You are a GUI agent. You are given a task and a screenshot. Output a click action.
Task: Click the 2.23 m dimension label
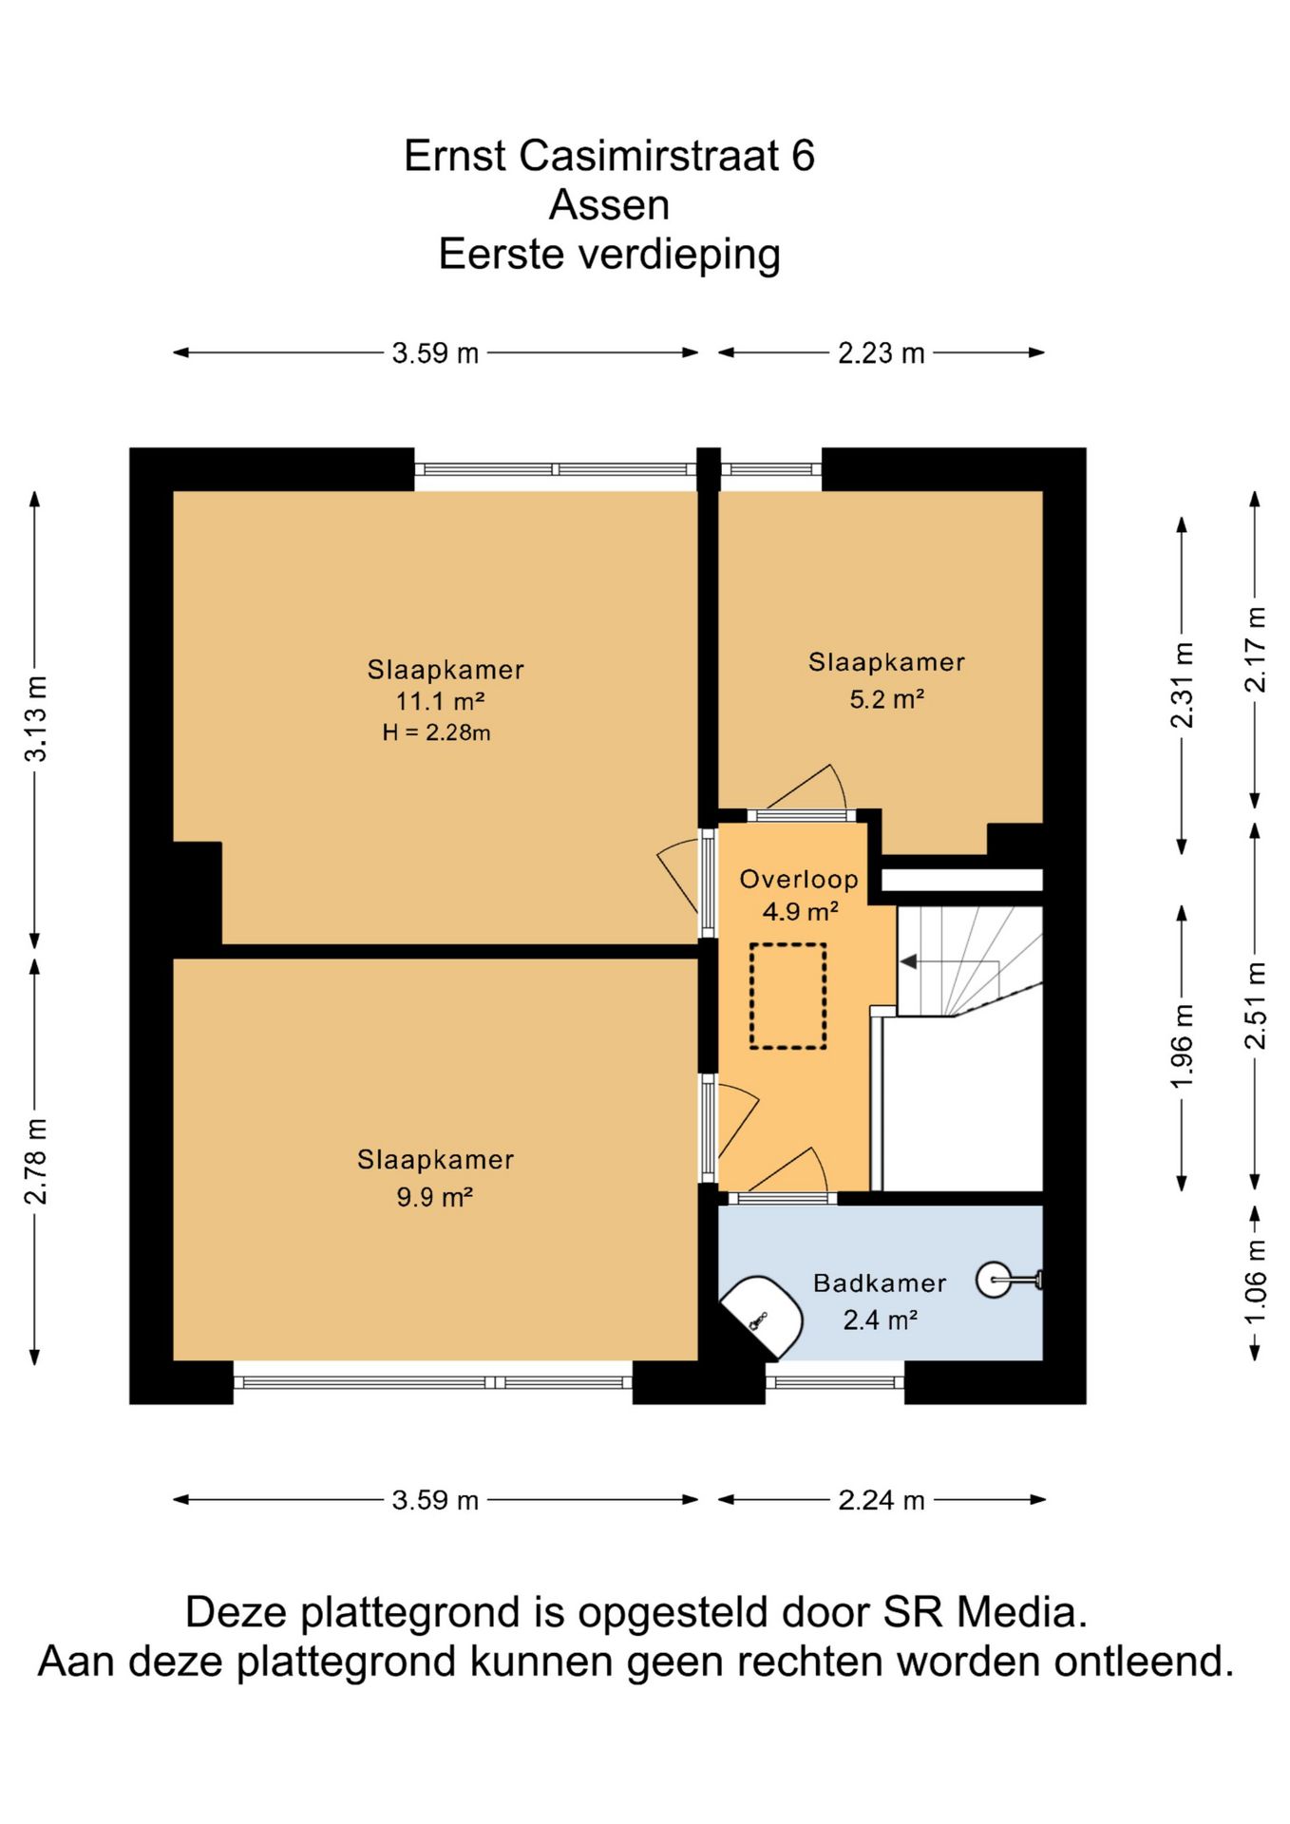[881, 353]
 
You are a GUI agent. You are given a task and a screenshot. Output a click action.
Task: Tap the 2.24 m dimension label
[881, 1500]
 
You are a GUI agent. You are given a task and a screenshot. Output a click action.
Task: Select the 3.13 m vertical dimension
[36, 719]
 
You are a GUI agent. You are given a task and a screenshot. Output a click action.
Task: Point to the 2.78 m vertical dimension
[36, 1161]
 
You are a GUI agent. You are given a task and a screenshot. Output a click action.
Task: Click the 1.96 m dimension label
[1182, 1047]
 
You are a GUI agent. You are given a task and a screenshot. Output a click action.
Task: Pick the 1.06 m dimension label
[1255, 1282]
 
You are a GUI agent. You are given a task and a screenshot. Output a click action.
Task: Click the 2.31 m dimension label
[1182, 686]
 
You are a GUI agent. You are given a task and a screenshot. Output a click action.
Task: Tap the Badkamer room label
[880, 1283]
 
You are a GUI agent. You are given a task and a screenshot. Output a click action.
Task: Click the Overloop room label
[799, 880]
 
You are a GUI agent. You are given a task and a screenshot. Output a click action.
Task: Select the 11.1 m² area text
[440, 701]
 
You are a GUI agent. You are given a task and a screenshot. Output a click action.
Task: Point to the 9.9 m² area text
[434, 1197]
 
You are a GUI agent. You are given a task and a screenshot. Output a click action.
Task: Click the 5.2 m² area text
[886, 699]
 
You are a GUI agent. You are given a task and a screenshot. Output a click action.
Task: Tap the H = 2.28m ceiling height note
[436, 732]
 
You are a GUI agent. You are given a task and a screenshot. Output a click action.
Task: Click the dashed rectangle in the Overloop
[787, 945]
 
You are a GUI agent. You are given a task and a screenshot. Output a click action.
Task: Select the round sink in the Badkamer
[995, 1280]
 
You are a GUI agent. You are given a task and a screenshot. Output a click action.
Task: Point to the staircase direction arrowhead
[908, 962]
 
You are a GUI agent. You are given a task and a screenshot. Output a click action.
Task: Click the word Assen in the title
[609, 205]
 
